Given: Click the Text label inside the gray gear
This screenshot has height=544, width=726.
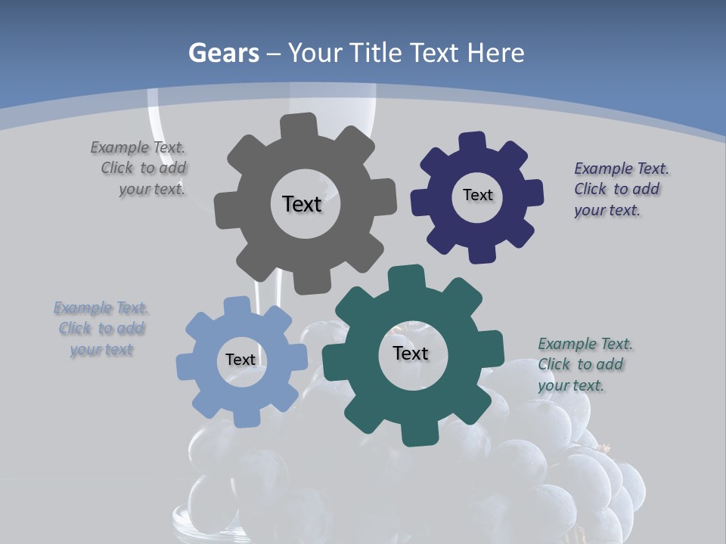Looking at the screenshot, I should point(302,204).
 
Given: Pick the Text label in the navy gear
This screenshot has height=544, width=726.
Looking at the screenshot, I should point(477,195).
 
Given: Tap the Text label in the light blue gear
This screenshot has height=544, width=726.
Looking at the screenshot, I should point(240,360).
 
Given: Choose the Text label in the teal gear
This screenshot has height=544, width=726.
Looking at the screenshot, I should point(411,353).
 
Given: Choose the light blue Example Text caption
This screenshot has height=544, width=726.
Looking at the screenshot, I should point(101,329).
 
